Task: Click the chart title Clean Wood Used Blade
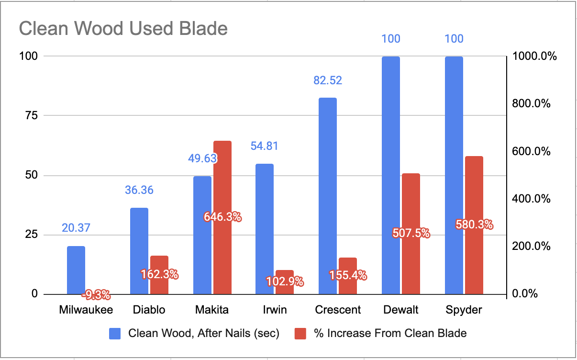[123, 29]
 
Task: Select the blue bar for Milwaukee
[76, 270]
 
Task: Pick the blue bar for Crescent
[328, 196]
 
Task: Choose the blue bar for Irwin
[265, 229]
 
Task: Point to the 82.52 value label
[328, 80]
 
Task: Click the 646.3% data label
[222, 217]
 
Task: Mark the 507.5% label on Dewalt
[411, 234]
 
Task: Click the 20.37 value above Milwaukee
[76, 228]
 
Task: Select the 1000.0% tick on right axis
[535, 56]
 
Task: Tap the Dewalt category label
[401, 310]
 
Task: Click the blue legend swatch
[116, 333]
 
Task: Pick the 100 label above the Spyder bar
[454, 39]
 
